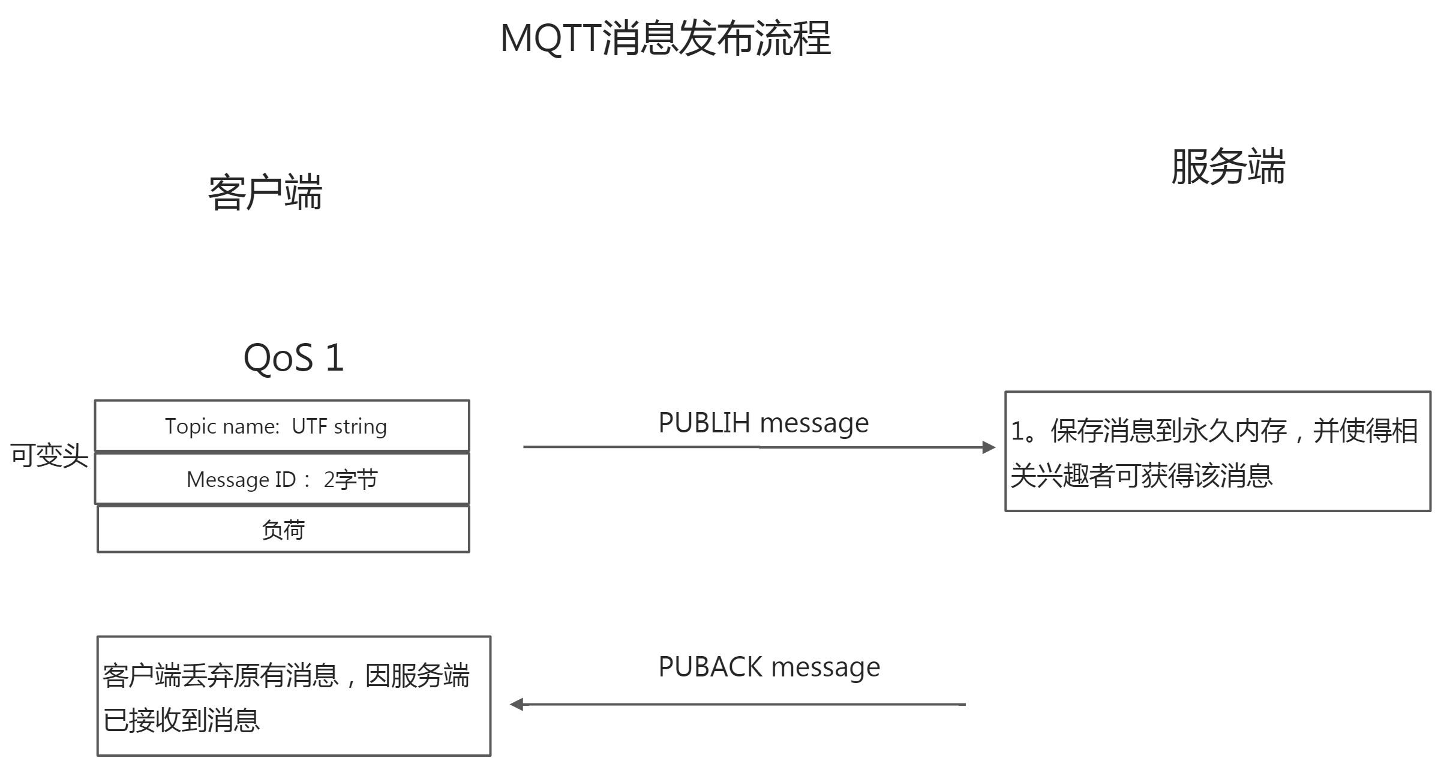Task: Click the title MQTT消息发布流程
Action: [665, 38]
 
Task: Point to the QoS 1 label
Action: [293, 357]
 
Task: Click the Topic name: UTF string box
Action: [282, 426]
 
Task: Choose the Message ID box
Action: [282, 479]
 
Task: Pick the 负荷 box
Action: [283, 530]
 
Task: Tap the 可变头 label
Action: [49, 456]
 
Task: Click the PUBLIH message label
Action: [763, 423]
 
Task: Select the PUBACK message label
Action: [769, 666]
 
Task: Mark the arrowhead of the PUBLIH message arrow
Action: [989, 447]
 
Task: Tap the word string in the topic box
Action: [361, 426]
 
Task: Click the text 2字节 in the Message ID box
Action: [350, 479]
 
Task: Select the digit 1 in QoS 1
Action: [334, 357]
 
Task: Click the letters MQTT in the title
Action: [550, 38]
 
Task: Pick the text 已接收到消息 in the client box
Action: [181, 720]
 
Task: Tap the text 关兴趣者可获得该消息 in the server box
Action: [1141, 476]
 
